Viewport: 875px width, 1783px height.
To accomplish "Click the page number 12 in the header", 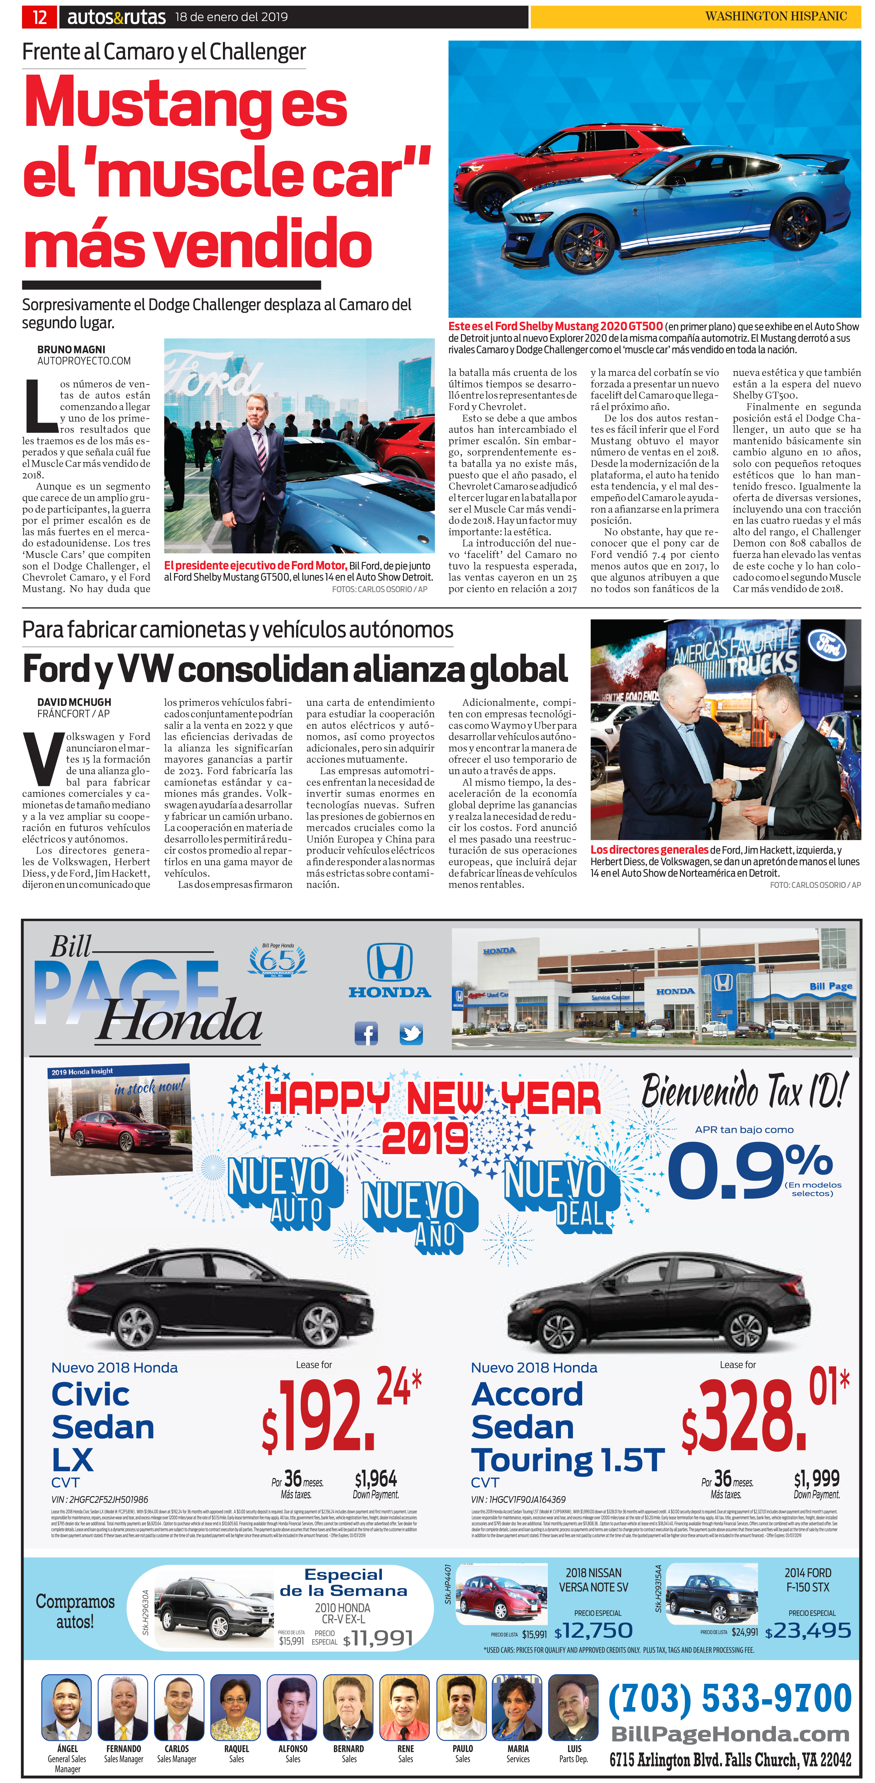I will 39,17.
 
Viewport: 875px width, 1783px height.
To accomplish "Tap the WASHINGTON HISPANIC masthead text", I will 776,16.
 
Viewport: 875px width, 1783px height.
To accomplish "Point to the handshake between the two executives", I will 723,789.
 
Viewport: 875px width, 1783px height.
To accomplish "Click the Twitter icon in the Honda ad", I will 411,1033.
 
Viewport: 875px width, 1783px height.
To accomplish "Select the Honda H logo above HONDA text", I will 389,962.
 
